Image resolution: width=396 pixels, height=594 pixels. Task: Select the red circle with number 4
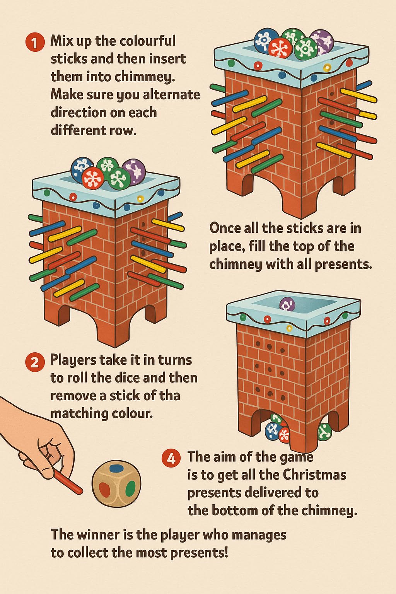coord(171,458)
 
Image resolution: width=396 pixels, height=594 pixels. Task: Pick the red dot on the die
coord(103,489)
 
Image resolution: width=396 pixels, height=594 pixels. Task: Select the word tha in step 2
coord(169,396)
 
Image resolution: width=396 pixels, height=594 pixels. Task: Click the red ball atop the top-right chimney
coord(280,48)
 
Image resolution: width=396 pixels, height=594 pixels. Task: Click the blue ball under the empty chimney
coord(272,430)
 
